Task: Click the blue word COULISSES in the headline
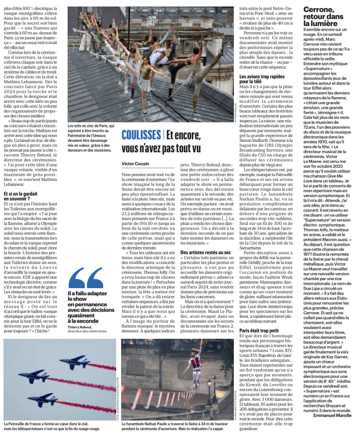point(141,135)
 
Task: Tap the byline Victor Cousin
point(136,164)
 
